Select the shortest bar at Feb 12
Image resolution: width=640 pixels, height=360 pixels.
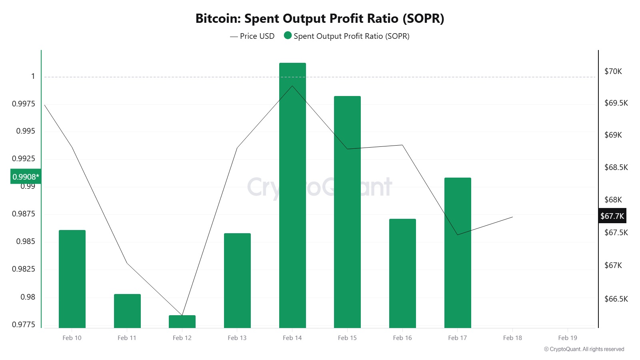pos(182,322)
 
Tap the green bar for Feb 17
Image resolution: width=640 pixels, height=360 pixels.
pos(458,253)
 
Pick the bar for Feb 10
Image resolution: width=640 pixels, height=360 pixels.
pos(72,279)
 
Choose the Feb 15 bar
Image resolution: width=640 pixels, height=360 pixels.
pos(347,212)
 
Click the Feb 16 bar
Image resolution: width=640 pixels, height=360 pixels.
pos(402,273)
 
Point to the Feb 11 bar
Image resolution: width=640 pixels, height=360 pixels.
pos(127,311)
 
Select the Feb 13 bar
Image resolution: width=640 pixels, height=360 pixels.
pos(237,280)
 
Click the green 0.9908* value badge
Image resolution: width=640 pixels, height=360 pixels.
pos(26,177)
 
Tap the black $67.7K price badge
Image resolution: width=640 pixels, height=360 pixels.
pos(612,216)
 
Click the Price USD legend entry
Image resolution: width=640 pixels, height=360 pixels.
pos(252,36)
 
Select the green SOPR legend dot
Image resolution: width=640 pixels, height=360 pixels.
pos(288,36)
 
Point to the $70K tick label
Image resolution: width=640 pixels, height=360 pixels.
pos(613,72)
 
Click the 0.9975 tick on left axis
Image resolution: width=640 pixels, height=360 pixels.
pos(23,104)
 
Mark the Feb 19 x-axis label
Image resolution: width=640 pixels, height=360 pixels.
pos(568,338)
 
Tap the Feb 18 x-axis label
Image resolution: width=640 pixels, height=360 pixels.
pos(512,338)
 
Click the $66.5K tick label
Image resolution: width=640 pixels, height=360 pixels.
pos(616,299)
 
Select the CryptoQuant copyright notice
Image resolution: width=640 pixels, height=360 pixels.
pos(584,349)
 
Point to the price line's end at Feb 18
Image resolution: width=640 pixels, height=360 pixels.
pos(512,217)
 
